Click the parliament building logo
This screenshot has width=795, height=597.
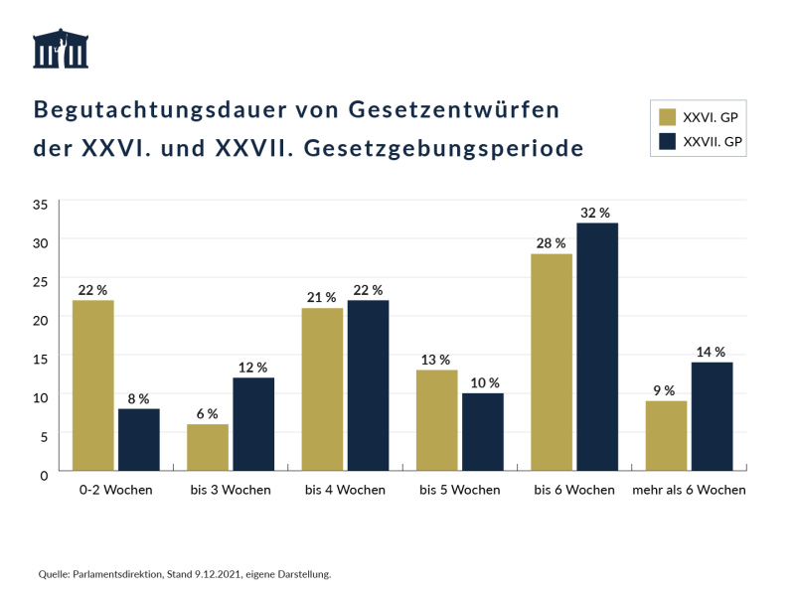[61, 49]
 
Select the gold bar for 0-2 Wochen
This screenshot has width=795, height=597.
[93, 385]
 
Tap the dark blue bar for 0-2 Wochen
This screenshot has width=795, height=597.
[139, 439]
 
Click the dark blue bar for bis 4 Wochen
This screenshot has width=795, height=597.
[368, 385]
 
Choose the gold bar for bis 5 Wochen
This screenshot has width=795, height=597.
[436, 420]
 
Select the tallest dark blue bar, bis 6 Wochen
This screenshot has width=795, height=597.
[597, 347]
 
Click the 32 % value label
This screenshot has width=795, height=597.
[596, 213]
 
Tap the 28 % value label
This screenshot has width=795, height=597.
[551, 243]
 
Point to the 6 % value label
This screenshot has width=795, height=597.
[207, 413]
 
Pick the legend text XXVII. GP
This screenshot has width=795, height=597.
[714, 141]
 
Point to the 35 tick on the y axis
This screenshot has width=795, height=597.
[41, 205]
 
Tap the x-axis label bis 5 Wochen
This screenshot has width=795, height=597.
[459, 490]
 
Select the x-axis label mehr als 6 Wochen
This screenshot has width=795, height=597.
[689, 490]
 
